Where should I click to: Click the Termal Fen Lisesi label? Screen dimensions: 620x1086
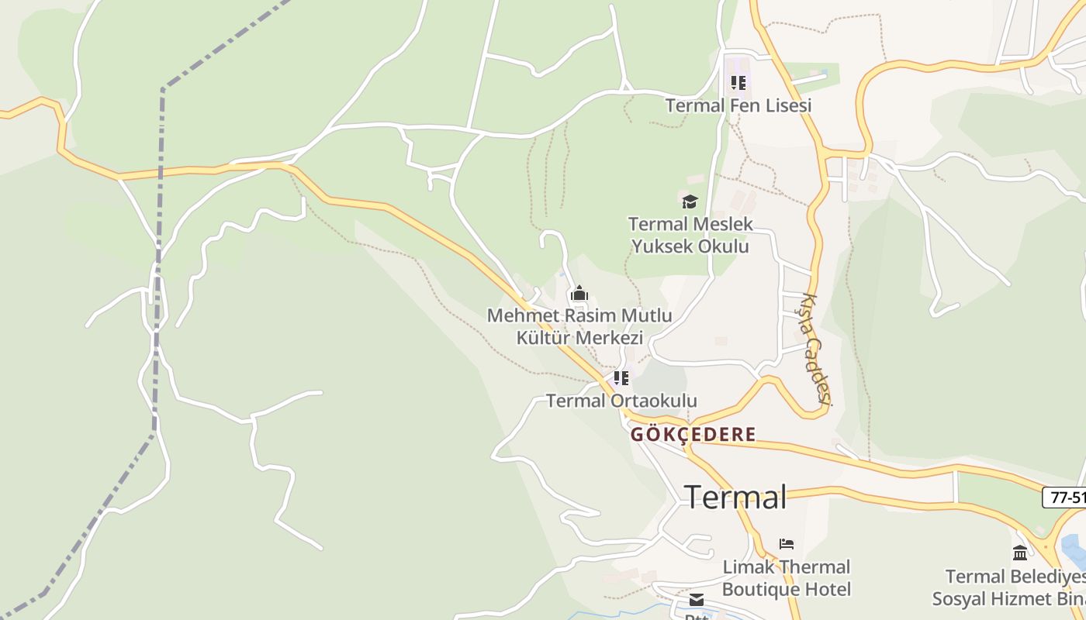[738, 105]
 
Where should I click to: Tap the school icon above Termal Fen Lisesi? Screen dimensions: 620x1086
[738, 82]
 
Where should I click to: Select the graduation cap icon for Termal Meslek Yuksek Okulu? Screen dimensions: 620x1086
[690, 201]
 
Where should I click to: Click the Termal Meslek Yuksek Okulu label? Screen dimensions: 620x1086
[690, 236]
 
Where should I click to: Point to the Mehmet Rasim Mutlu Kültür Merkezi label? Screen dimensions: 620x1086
[579, 327]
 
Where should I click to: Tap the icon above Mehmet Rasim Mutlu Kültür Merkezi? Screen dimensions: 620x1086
[579, 294]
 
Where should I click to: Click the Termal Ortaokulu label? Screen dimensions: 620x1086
[621, 401]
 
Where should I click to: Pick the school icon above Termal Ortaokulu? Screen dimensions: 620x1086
[621, 378]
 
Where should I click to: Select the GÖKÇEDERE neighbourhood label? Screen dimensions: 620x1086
[693, 434]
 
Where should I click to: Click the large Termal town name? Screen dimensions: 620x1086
[735, 497]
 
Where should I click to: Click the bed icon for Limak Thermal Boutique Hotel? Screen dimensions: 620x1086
[787, 544]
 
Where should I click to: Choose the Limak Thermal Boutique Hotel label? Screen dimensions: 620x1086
[787, 578]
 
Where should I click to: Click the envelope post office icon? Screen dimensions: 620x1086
[697, 600]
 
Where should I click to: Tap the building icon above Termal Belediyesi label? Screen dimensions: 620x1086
[1020, 553]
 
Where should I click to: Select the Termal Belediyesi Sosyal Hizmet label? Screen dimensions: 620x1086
[1008, 587]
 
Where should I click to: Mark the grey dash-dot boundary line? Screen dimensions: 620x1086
[161, 194]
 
